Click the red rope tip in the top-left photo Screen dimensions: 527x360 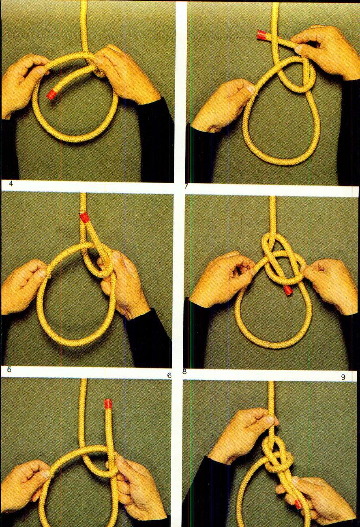51,94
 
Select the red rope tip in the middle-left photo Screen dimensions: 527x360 84,217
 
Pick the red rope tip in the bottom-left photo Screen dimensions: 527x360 108,403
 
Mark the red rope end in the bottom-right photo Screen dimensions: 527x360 298,504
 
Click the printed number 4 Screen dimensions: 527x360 11,184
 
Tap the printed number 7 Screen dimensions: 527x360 186,186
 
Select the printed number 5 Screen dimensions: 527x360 9,369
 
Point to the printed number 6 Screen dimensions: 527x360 169,375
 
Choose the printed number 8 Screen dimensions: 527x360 184,371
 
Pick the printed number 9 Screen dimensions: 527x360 343,377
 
